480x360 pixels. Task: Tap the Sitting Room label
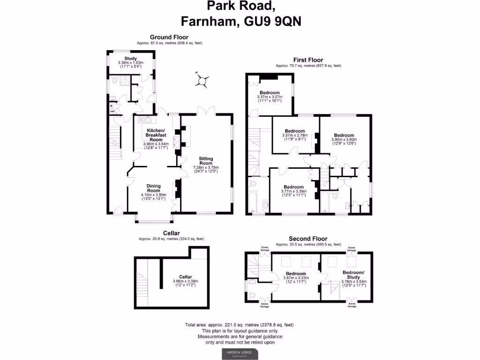pyautogui.click(x=206, y=161)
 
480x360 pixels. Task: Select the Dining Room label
pyautogui.click(x=154, y=188)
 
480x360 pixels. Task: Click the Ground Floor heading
pyautogui.click(x=169, y=37)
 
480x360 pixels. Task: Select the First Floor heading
pyautogui.click(x=308, y=60)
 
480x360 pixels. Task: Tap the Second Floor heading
pyautogui.click(x=308, y=239)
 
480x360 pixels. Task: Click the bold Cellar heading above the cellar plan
pyautogui.click(x=171, y=233)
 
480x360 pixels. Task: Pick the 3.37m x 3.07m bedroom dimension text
pyautogui.click(x=270, y=97)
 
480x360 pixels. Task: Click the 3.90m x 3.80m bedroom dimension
pyautogui.click(x=344, y=139)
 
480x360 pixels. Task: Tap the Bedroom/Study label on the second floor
pyautogui.click(x=354, y=275)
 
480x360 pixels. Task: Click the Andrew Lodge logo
pyautogui.click(x=240, y=353)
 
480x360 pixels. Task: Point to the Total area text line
pyautogui.click(x=240, y=325)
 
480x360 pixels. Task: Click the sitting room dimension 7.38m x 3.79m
pyautogui.click(x=206, y=167)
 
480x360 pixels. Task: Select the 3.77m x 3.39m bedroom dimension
pyautogui.click(x=293, y=191)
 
